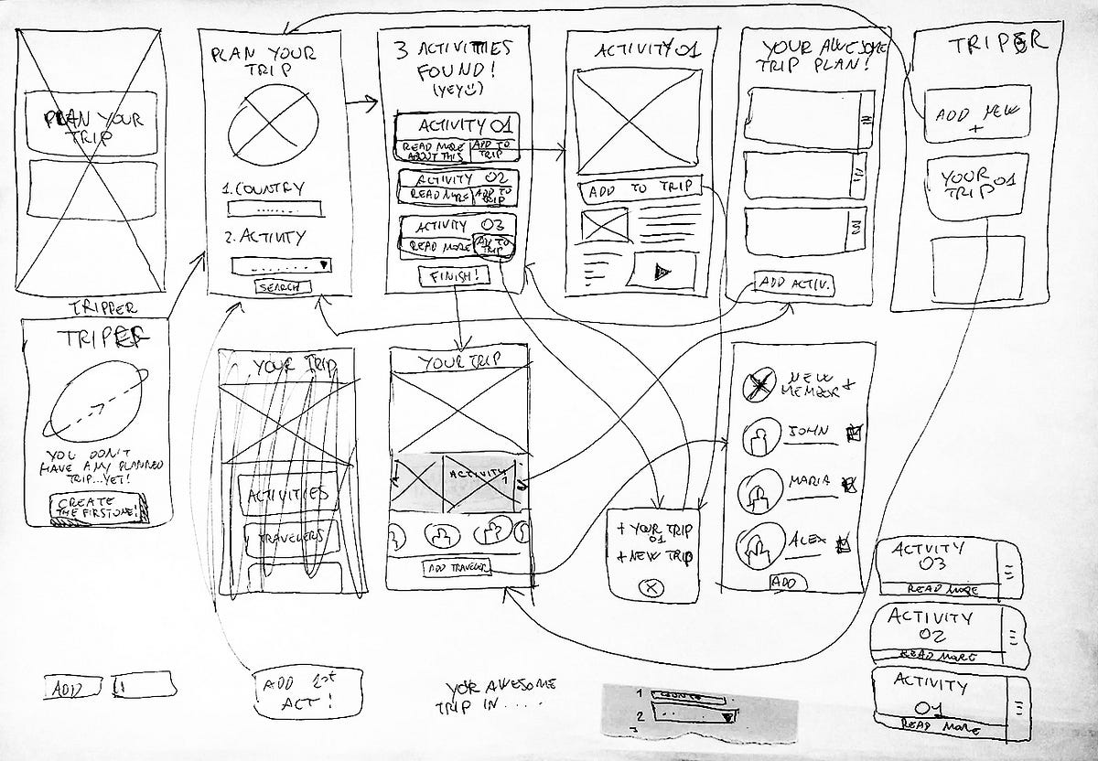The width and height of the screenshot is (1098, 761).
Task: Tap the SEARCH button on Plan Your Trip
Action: (x=283, y=287)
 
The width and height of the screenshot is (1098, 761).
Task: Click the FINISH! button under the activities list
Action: (x=453, y=275)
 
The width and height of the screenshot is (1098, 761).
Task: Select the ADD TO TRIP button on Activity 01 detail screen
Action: (x=640, y=191)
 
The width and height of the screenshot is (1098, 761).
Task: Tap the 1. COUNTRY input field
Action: (x=274, y=208)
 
